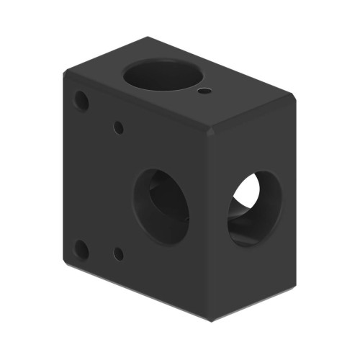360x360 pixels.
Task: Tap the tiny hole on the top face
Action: point(205,91)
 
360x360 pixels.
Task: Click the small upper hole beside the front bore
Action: point(119,128)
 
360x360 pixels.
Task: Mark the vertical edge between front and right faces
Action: point(209,230)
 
